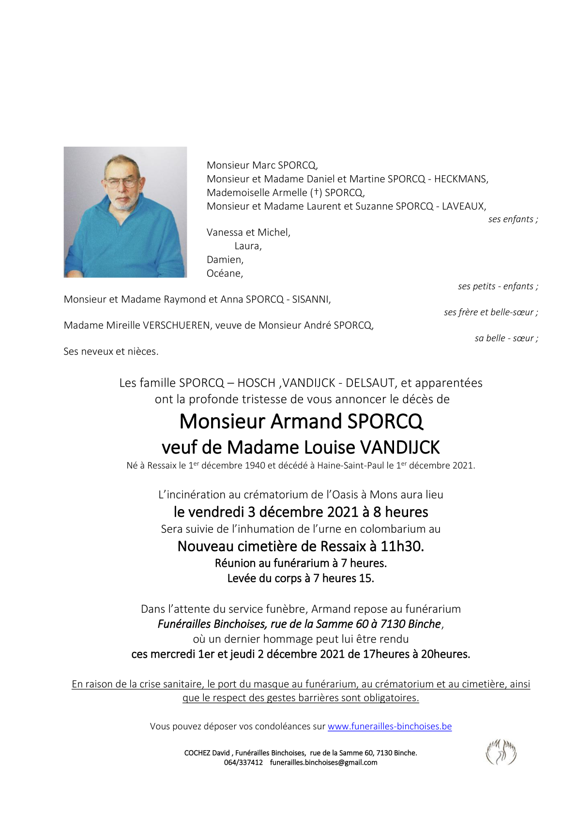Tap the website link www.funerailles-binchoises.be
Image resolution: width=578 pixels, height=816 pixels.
pos(390,726)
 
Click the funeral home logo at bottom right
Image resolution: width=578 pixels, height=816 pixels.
pos(501,753)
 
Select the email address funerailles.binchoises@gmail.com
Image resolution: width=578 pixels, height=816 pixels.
pos(323,763)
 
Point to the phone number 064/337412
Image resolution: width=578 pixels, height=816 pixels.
pos(243,763)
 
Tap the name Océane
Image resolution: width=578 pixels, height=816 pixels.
pos(224,273)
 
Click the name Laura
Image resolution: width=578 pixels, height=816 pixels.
pos(247,246)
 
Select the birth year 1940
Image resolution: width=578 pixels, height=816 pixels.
pos(252,466)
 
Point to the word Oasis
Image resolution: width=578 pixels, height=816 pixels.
pos(348,495)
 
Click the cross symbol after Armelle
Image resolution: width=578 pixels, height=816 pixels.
pos(317,193)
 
